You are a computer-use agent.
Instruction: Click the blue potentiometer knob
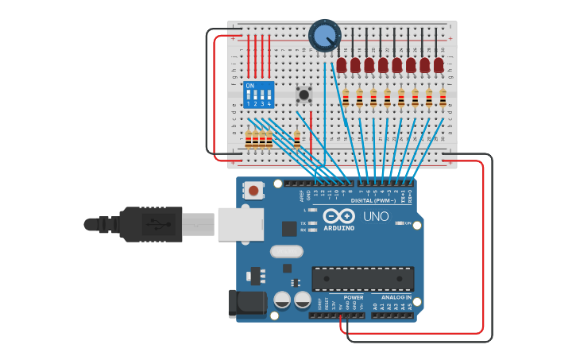click(x=324, y=36)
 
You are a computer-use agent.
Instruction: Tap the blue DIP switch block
click(x=259, y=95)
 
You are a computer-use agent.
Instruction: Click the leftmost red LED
click(x=342, y=64)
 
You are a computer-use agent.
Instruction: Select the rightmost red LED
click(x=439, y=64)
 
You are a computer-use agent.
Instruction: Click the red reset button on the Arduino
click(x=253, y=190)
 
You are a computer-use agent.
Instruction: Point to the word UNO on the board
click(x=375, y=216)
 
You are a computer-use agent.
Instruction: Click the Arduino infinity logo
click(x=339, y=216)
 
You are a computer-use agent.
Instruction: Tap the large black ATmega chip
click(x=362, y=278)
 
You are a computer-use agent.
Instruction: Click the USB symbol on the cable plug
click(x=153, y=224)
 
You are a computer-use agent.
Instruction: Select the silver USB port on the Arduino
click(x=240, y=224)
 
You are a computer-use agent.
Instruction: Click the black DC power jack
click(x=245, y=304)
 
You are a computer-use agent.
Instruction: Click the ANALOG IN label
click(x=392, y=297)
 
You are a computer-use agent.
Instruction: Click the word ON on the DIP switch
click(x=250, y=85)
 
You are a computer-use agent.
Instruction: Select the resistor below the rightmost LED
click(x=443, y=99)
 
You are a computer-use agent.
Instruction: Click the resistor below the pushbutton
click(x=297, y=140)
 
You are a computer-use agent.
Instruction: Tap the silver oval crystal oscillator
click(x=287, y=252)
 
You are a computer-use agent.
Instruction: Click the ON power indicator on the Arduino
click(x=408, y=223)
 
